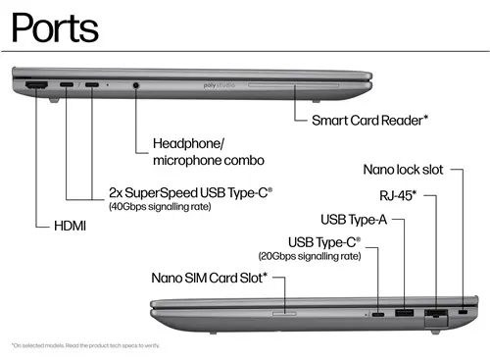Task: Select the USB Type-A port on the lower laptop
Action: point(402,313)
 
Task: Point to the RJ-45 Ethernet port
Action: point(432,314)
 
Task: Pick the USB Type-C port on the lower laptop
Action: point(377,315)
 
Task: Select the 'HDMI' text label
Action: point(70,227)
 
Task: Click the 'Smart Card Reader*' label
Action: point(369,121)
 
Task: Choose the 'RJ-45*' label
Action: point(399,195)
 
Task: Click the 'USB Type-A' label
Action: point(354,218)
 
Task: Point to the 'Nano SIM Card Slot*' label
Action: point(210,278)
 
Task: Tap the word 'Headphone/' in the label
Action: point(188,143)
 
